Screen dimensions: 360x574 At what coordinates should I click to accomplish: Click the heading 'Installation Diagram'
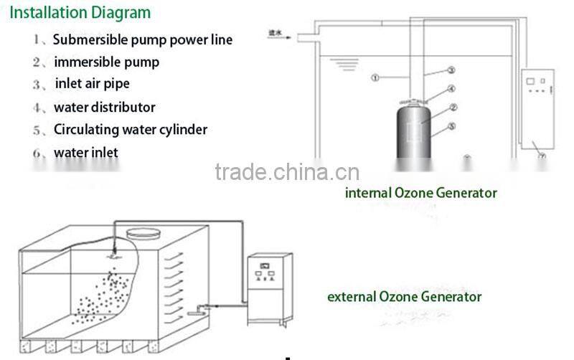point(80,13)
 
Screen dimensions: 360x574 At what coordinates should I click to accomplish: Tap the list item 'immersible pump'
point(106,62)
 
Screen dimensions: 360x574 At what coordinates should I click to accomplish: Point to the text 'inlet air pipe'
point(92,84)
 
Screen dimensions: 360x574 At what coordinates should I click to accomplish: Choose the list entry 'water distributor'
point(104,107)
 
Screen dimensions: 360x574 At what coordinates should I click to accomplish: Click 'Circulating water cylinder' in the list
point(130,130)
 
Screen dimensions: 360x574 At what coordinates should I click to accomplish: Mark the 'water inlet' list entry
point(85,152)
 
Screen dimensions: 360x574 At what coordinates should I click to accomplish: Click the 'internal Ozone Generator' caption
point(420,192)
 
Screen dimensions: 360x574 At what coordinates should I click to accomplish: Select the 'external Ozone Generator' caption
point(404,296)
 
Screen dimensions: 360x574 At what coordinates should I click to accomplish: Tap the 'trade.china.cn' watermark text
point(287,172)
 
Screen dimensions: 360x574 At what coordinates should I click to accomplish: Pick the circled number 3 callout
point(451,70)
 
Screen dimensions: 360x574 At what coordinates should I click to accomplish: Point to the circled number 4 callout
point(451,89)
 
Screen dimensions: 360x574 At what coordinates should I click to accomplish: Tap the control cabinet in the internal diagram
point(537,108)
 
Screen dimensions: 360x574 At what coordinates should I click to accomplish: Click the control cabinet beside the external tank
point(268,287)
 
